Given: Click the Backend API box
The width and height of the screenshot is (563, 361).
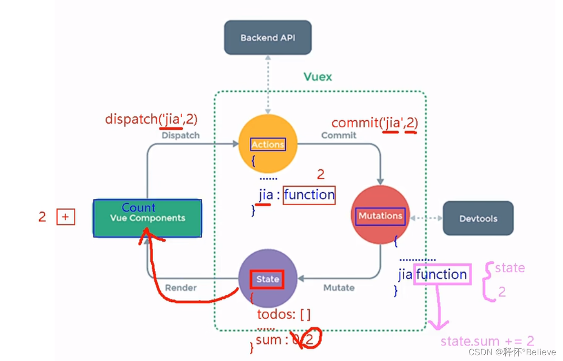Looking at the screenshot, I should [x=268, y=37].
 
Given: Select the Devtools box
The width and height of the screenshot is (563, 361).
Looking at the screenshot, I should [x=478, y=218].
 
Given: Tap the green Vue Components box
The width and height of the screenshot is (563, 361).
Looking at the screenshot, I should [x=147, y=218].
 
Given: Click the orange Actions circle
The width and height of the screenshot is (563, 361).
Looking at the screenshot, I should [x=268, y=144].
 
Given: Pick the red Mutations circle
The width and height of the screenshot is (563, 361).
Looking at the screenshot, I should [x=380, y=216].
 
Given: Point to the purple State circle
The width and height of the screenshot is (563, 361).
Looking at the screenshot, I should [x=268, y=279].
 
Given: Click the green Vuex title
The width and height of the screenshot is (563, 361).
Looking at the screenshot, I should [x=318, y=77].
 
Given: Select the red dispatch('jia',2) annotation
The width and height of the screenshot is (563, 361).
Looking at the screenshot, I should [x=151, y=119].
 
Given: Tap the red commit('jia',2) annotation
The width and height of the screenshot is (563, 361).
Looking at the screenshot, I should [x=375, y=123].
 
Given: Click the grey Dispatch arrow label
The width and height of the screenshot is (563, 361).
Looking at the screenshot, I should [x=180, y=135].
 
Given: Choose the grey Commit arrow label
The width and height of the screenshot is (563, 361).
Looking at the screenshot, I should [x=339, y=135].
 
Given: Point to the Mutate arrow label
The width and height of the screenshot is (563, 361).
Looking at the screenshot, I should [x=339, y=288].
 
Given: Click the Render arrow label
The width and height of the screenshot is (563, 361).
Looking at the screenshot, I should [x=181, y=288].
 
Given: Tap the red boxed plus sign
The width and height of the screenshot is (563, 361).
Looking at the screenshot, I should [x=66, y=217].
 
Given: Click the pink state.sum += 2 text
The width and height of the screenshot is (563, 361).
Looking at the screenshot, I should [x=487, y=341].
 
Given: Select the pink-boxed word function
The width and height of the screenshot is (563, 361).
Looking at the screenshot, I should [x=442, y=274].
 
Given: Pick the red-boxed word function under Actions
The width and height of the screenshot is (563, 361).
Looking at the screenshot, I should [x=309, y=195].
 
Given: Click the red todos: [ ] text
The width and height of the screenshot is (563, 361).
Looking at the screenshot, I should [x=283, y=315].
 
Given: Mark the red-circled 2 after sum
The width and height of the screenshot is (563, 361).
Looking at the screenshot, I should [x=311, y=339].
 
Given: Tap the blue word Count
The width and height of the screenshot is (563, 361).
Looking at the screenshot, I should [x=138, y=207].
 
